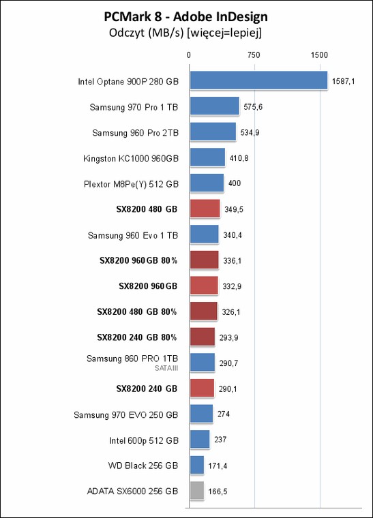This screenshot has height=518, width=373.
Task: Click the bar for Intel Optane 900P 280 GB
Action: click(x=258, y=80)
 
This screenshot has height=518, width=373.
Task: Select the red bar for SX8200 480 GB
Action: click(x=205, y=209)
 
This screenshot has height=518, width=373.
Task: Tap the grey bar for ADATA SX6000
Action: click(x=197, y=491)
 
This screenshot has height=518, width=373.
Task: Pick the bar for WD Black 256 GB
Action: click(x=197, y=465)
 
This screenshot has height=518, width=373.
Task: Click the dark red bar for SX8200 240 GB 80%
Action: click(x=203, y=337)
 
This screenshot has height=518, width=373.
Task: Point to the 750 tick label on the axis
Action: click(x=254, y=55)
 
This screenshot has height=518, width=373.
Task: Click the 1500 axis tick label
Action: click(x=319, y=55)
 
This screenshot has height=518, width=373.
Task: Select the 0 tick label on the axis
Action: click(x=189, y=55)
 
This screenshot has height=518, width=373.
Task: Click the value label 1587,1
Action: click(x=344, y=81)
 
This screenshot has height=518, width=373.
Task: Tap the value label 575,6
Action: click(x=253, y=107)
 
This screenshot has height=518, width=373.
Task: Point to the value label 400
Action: click(x=235, y=183)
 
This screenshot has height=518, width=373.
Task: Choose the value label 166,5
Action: click(x=218, y=491)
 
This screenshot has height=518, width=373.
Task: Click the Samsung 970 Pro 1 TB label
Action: click(x=134, y=108)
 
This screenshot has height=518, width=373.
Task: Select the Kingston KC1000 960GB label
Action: click(x=131, y=159)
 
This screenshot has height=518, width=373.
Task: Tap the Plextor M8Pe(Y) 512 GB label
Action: click(x=131, y=184)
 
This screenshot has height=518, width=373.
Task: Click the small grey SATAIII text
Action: click(x=166, y=368)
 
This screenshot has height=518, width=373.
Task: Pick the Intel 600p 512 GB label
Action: click(x=144, y=441)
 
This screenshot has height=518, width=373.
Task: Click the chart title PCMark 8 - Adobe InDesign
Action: click(x=185, y=16)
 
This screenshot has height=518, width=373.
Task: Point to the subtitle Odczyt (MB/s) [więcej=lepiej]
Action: click(x=185, y=33)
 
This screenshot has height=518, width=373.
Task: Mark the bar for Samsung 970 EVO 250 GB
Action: click(x=202, y=414)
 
